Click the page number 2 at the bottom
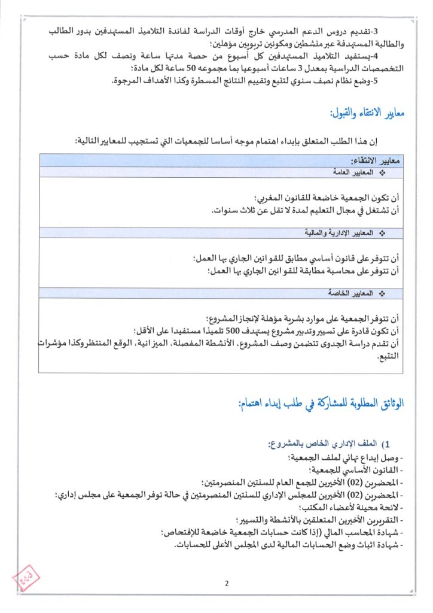[227, 584]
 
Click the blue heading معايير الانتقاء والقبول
[368, 113]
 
